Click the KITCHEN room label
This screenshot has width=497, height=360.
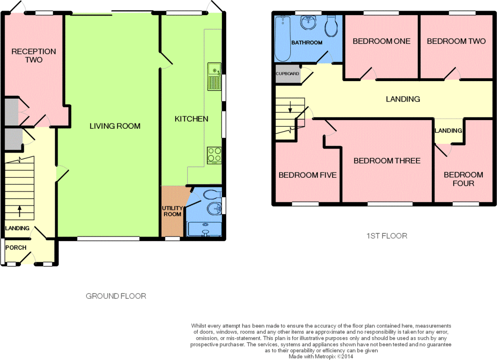point(191,119)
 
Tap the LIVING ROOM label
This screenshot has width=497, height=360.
point(115,126)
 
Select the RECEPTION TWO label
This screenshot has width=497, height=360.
point(33,55)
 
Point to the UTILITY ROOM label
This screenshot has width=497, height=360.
point(172,211)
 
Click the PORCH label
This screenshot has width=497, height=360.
point(16,248)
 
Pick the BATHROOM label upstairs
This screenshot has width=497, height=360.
point(307,42)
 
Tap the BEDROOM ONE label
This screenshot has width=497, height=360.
point(381,41)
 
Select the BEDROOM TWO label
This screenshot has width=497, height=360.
point(456,41)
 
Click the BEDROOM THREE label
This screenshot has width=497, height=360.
point(387,161)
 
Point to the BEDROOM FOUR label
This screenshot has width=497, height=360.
point(464,179)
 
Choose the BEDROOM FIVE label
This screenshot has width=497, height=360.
point(307,175)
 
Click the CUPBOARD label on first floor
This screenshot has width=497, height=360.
point(287,73)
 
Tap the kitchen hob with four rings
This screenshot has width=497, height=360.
point(214,155)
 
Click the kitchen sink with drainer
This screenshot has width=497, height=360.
point(214,76)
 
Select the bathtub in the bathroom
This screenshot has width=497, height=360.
point(283,39)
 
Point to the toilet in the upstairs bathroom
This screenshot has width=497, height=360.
point(331,26)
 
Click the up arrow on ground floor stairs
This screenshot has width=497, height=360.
point(19,211)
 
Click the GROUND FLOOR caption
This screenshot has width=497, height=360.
point(116,296)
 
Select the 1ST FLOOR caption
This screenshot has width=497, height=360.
point(387,236)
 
